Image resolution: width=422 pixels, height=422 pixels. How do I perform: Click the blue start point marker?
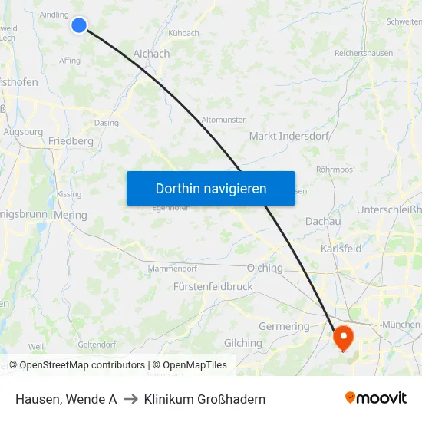coord(78,25)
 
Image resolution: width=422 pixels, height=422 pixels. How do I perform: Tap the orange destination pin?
coord(341,335)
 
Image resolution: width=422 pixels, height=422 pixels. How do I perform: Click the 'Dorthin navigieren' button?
coord(211,188)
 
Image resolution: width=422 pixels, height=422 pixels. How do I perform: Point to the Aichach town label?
coord(151,54)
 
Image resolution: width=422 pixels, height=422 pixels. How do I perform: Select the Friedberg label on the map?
coord(71,141)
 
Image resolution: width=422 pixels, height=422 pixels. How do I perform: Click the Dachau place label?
coord(323,221)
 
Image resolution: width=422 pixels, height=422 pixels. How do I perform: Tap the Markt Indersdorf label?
coord(289,136)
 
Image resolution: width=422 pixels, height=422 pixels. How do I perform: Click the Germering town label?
coord(284,326)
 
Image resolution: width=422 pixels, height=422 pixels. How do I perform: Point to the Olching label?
coord(265,268)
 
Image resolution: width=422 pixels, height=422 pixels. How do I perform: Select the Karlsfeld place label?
coord(341,249)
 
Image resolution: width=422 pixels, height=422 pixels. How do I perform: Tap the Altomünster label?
coord(223,120)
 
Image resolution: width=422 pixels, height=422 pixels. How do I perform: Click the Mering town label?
coord(71,216)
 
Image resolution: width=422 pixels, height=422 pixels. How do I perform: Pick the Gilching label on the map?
coord(242,343)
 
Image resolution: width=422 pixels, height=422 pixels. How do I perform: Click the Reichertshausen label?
coord(363,54)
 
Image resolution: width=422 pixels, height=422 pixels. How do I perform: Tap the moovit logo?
coord(375,398)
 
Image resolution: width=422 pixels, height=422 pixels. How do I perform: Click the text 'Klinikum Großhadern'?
coord(205,399)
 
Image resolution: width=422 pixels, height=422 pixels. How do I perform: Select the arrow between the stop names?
coord(130,399)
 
